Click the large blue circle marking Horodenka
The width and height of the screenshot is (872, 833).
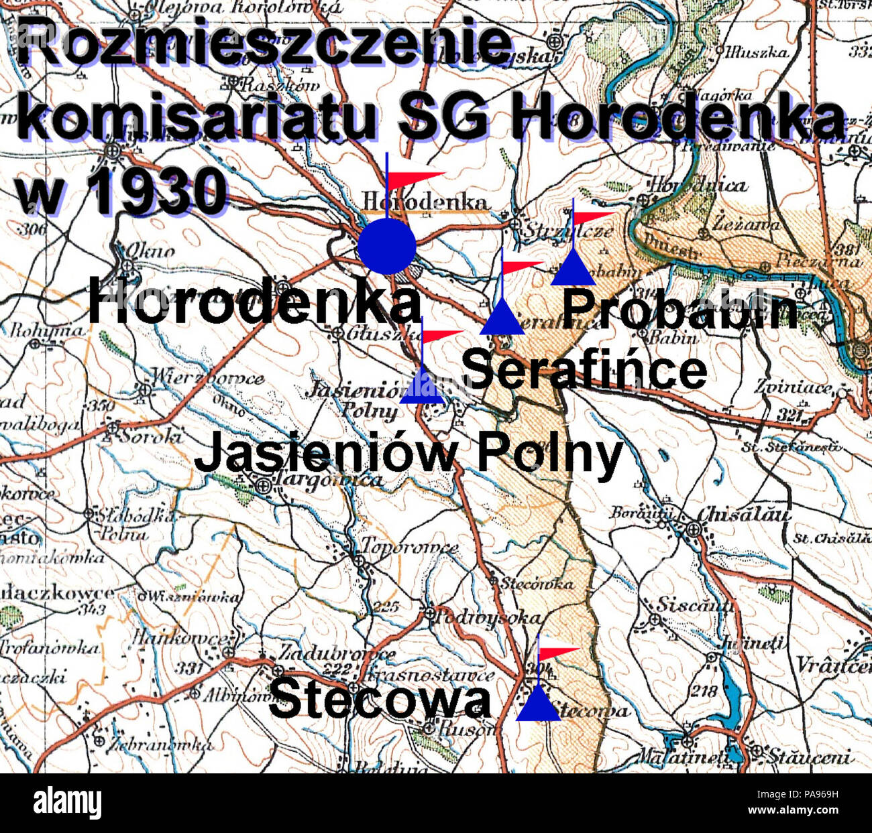387,246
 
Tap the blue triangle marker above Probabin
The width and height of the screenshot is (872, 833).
573,270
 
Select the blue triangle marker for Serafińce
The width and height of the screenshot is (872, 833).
502,320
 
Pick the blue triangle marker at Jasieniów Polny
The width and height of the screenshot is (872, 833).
423,388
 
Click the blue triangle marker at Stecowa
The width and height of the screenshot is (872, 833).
538,706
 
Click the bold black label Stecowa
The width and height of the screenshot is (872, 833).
380,700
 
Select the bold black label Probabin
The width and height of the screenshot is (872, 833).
679,310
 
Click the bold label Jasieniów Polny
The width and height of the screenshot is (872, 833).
408,454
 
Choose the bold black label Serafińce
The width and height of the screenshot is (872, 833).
584,370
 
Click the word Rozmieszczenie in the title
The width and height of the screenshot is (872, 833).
265,42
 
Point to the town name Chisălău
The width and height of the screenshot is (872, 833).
743,515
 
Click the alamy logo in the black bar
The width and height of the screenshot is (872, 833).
67,802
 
